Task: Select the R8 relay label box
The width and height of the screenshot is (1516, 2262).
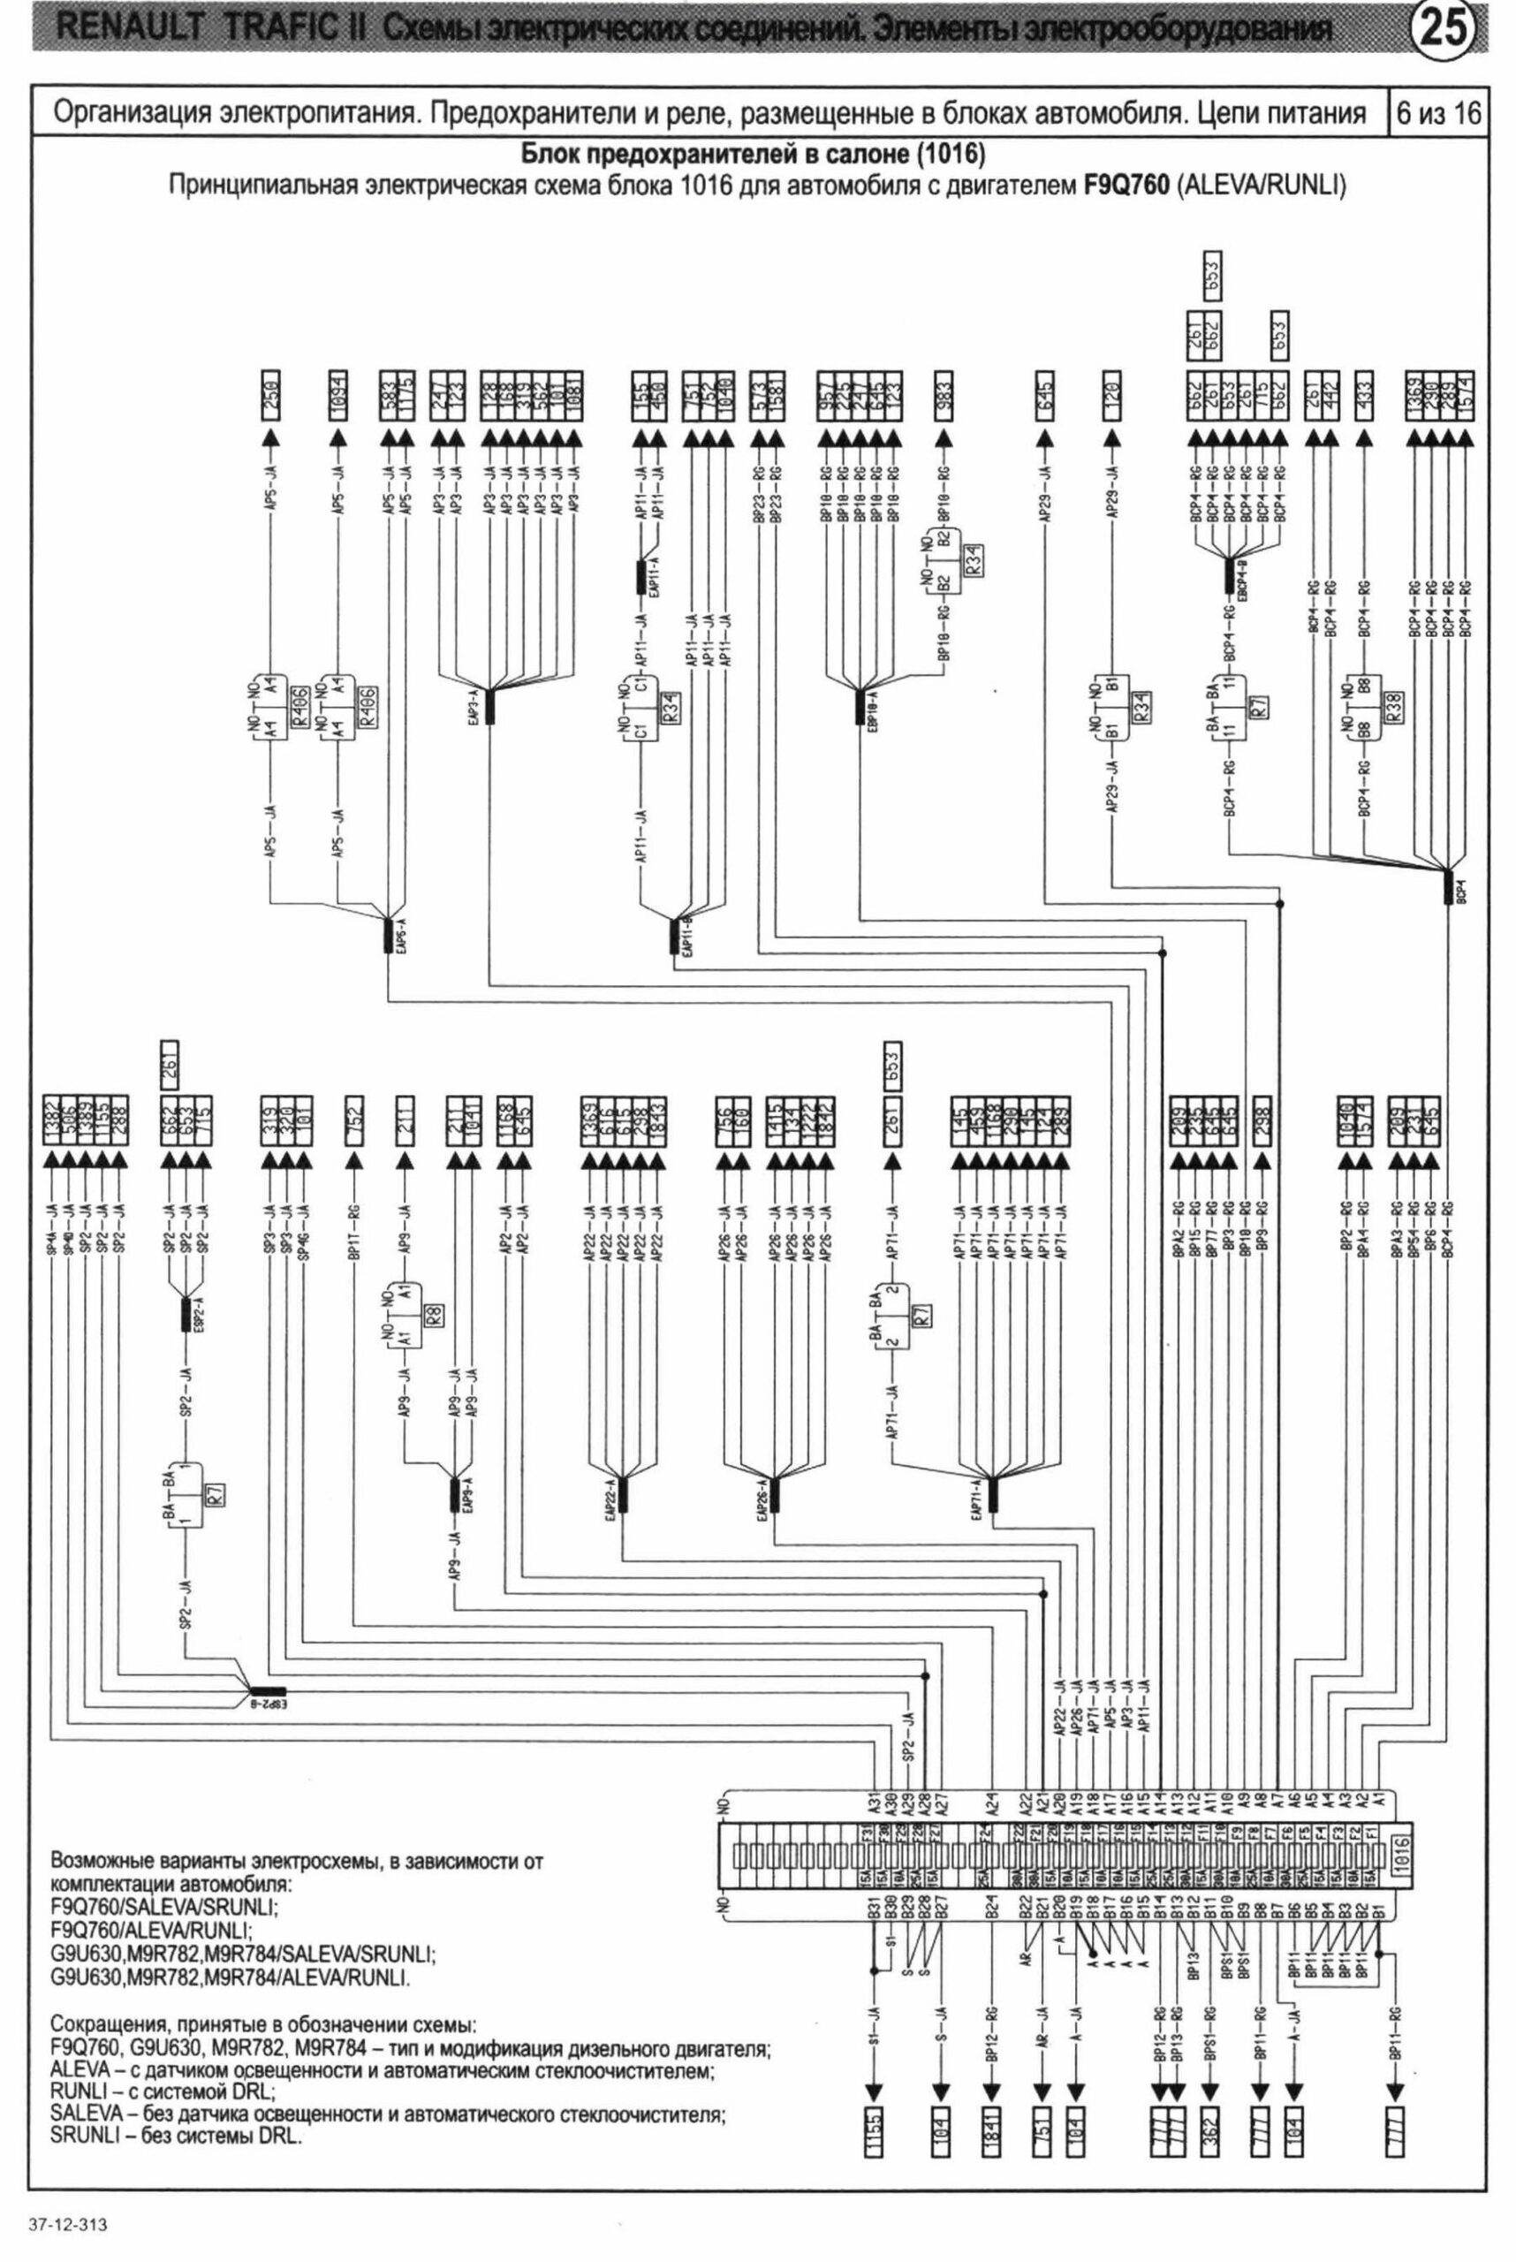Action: point(434,1315)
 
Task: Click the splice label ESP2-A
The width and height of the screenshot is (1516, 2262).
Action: point(197,1314)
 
